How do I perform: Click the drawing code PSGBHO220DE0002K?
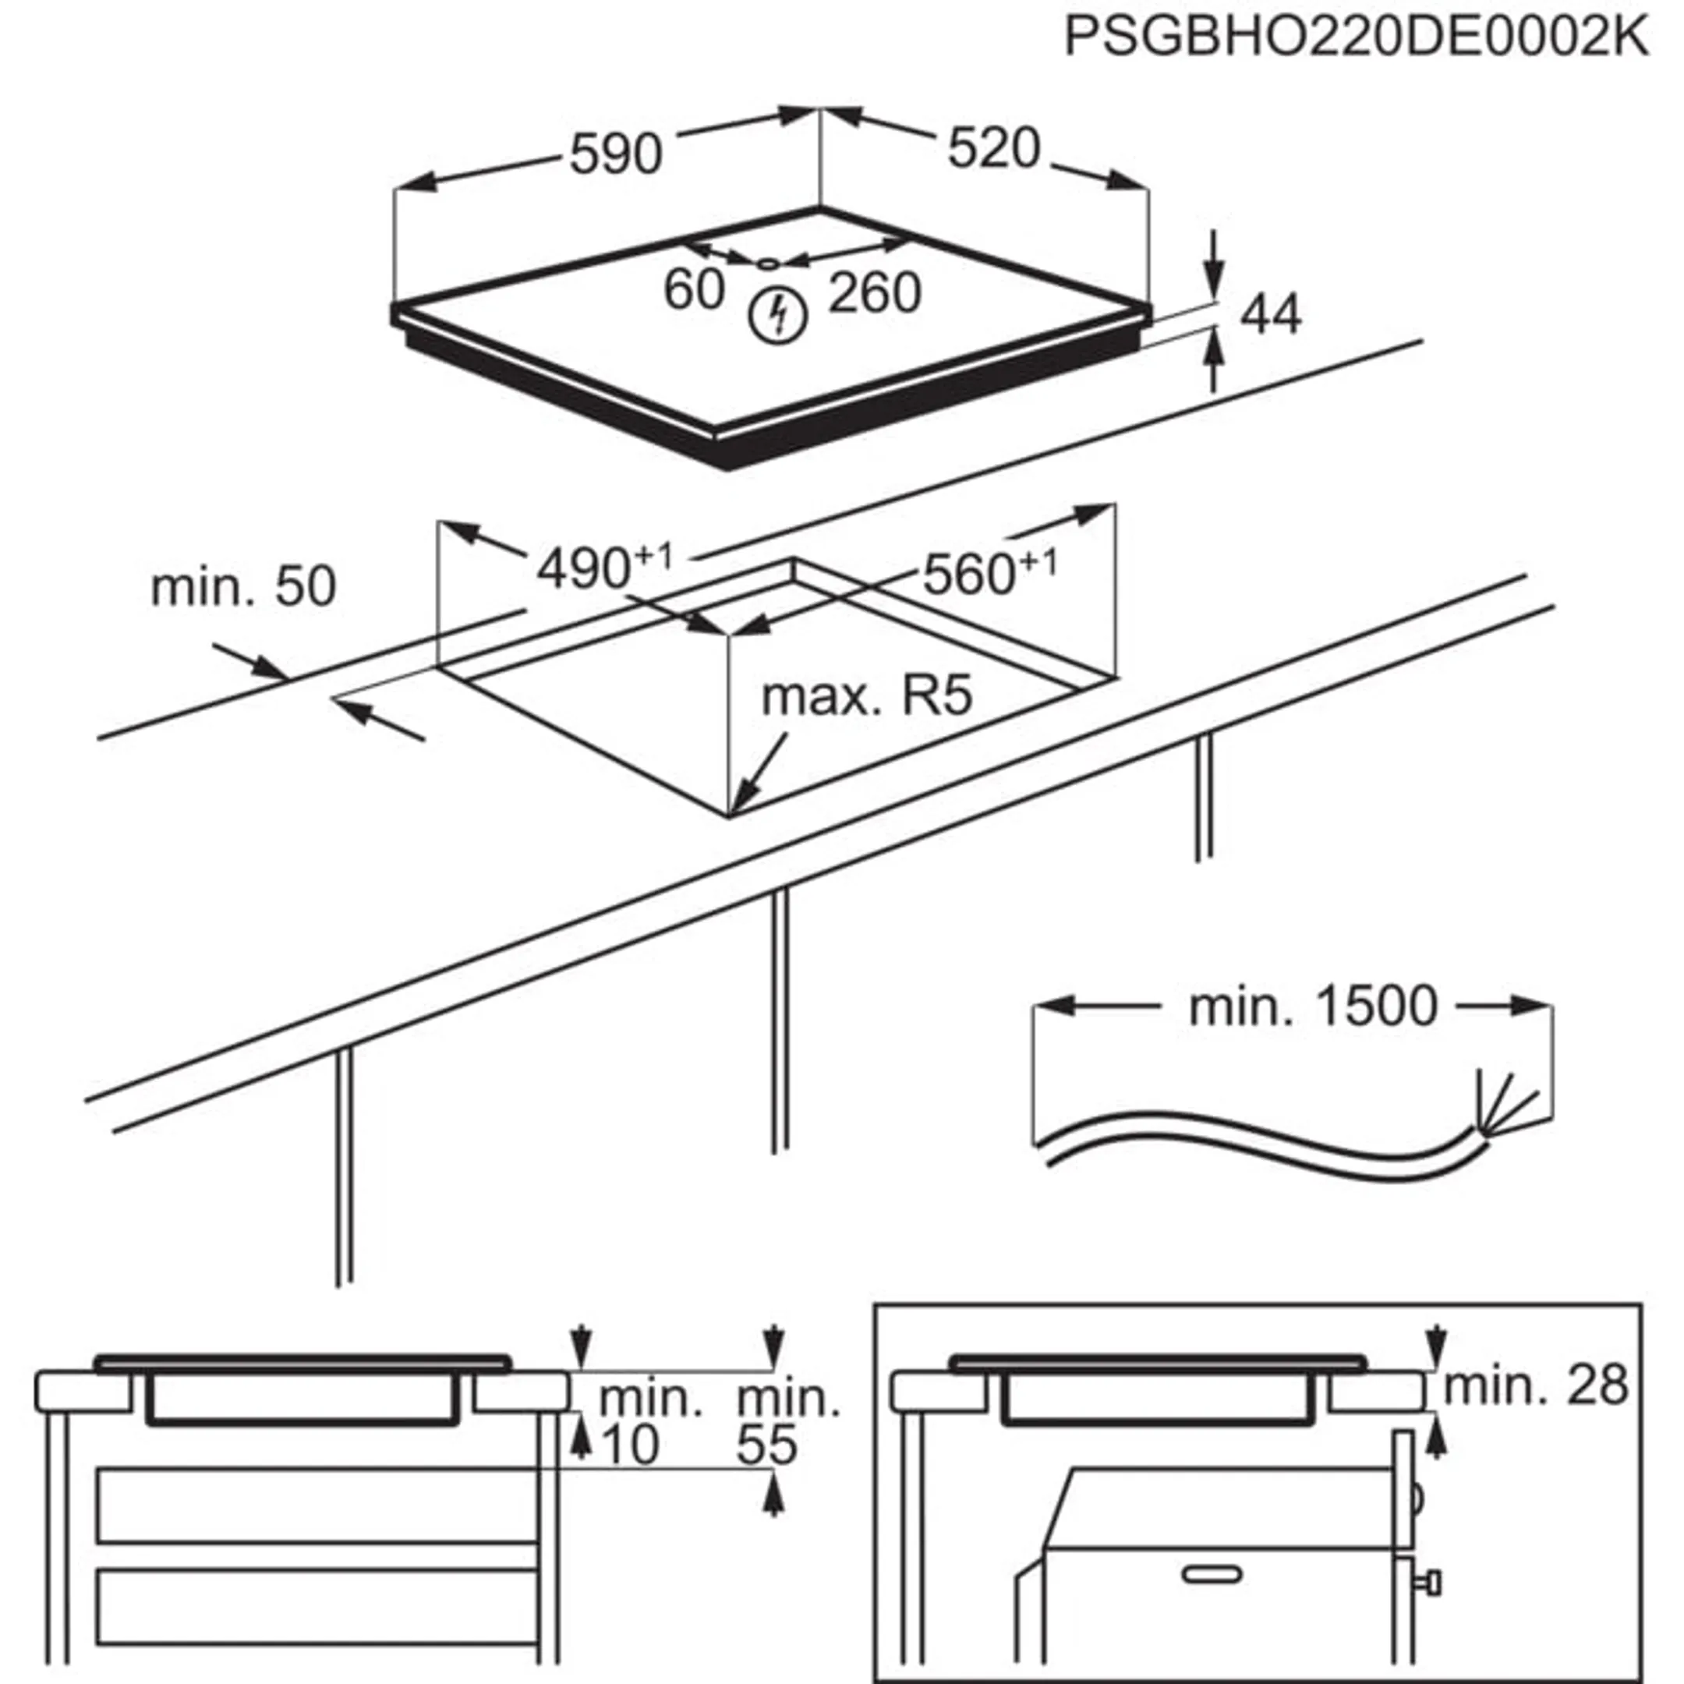[x=1357, y=37]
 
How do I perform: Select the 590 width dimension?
[x=615, y=155]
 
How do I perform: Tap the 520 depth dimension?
[x=994, y=148]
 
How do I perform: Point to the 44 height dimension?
[x=1270, y=315]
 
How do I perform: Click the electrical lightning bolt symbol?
[x=778, y=315]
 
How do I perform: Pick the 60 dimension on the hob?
[x=694, y=289]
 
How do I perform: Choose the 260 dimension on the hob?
[x=874, y=293]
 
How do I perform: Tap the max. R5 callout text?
[x=866, y=697]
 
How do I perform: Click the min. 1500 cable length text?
[x=1313, y=1007]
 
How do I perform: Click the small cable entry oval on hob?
[x=767, y=263]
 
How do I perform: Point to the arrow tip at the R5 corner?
[x=734, y=810]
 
